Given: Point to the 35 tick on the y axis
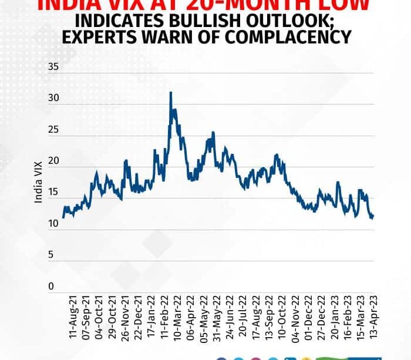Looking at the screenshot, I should tap(53, 67).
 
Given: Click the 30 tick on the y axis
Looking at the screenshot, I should tap(53, 99).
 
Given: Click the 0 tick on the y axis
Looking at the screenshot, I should tap(51, 287).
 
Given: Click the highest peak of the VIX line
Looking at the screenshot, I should tap(170, 92).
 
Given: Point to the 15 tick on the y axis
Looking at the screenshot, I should tap(53, 193).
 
